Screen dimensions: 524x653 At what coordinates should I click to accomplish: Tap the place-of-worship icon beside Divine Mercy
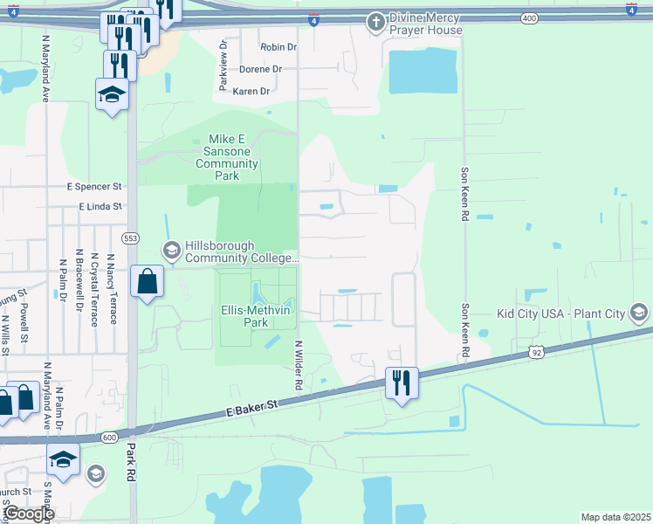coord(375,21)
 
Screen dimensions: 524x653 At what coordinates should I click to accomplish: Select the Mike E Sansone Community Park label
coord(228,157)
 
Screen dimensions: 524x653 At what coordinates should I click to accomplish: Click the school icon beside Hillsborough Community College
coord(171,251)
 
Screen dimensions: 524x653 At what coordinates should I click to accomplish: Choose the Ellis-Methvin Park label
coord(255,316)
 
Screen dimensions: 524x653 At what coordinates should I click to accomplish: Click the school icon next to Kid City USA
coord(640,313)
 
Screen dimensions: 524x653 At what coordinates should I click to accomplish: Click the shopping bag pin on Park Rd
coord(147,282)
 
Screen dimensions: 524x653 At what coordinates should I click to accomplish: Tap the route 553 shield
coord(131,238)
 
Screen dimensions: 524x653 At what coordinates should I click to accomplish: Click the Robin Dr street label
coord(278,47)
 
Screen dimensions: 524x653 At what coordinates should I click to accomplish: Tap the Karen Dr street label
coord(251,91)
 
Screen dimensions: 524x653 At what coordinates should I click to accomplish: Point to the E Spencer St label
coord(94,187)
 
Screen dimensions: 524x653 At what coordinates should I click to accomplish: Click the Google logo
coord(29,514)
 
